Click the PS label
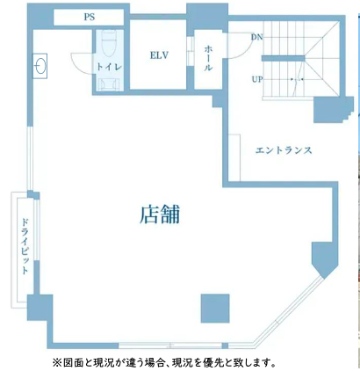click(90, 17)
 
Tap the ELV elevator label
click(159, 55)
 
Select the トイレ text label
click(109, 67)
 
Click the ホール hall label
click(208, 58)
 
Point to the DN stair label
click(257, 37)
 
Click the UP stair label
click(257, 79)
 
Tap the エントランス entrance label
click(284, 150)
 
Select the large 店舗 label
click(160, 215)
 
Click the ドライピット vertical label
click(25, 246)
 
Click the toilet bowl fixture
click(109, 43)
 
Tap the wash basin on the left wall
click(40, 66)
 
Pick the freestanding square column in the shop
click(215, 309)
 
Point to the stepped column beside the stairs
click(331, 109)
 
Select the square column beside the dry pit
click(40, 308)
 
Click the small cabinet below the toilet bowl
click(109, 84)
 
